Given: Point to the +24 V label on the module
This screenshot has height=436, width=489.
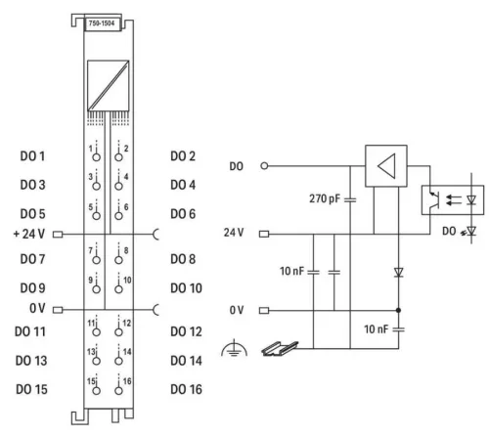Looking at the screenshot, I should [x=29, y=234].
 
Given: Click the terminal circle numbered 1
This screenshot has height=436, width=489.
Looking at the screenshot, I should [x=95, y=157].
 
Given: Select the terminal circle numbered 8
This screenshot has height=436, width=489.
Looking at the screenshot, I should [x=119, y=262].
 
